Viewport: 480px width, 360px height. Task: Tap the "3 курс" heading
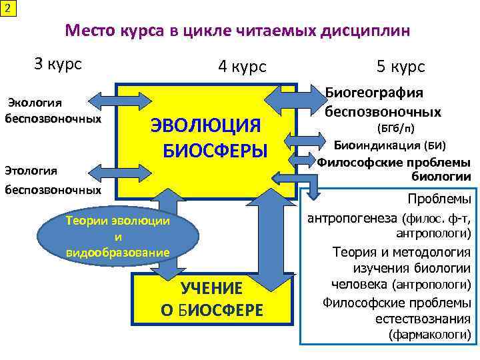tap(58, 64)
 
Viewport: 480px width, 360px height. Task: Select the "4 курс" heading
tap(241, 67)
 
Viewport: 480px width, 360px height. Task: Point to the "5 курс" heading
tap(400, 67)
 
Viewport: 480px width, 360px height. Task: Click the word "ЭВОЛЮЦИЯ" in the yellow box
tap(205, 125)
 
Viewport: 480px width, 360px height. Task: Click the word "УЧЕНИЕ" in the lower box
tap(212, 289)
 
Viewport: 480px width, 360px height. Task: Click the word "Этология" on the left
tap(33, 170)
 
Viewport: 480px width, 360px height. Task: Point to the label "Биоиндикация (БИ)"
tap(390, 145)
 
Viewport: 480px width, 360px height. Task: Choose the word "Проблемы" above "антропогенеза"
tap(439, 200)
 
